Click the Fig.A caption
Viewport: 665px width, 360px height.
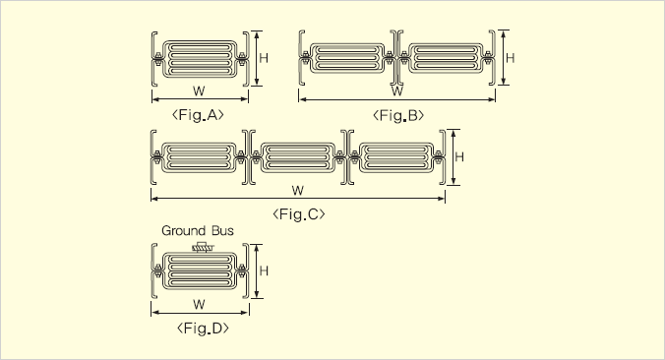pyautogui.click(x=198, y=115)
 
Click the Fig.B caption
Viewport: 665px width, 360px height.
pyautogui.click(x=398, y=116)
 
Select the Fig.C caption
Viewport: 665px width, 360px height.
pyautogui.click(x=299, y=214)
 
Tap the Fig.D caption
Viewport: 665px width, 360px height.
pyautogui.click(x=204, y=329)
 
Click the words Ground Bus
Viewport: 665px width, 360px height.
pyautogui.click(x=198, y=231)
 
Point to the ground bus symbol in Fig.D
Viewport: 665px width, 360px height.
pyautogui.click(x=204, y=247)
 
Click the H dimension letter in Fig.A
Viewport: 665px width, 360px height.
pyautogui.click(x=264, y=58)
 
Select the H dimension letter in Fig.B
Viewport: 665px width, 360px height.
pyautogui.click(x=511, y=58)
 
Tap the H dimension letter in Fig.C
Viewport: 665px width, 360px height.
pyautogui.click(x=459, y=157)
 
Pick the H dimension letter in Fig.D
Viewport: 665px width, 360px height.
pyautogui.click(x=264, y=270)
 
